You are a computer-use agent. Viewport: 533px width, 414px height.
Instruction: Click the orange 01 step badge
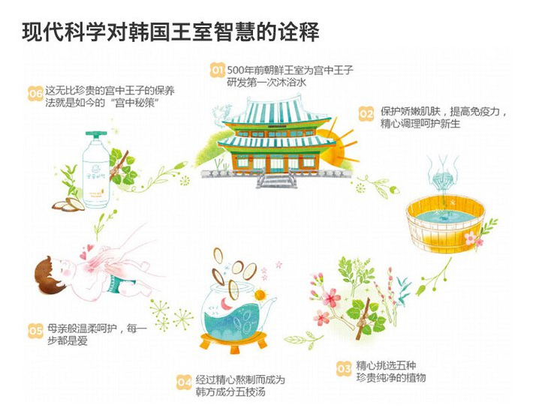(217, 70)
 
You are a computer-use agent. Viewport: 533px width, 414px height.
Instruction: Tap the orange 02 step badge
(366, 115)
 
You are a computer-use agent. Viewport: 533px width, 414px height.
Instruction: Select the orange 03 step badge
(344, 368)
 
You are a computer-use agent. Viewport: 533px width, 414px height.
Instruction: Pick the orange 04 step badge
(184, 382)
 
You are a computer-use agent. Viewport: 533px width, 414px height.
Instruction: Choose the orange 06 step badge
(35, 94)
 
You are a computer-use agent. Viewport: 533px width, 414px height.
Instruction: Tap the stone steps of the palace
(275, 180)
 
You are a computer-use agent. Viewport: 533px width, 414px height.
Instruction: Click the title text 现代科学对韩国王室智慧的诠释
(172, 31)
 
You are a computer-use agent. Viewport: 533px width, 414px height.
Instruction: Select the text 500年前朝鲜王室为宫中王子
(290, 70)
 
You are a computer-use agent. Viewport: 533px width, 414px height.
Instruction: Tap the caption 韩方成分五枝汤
(231, 392)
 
